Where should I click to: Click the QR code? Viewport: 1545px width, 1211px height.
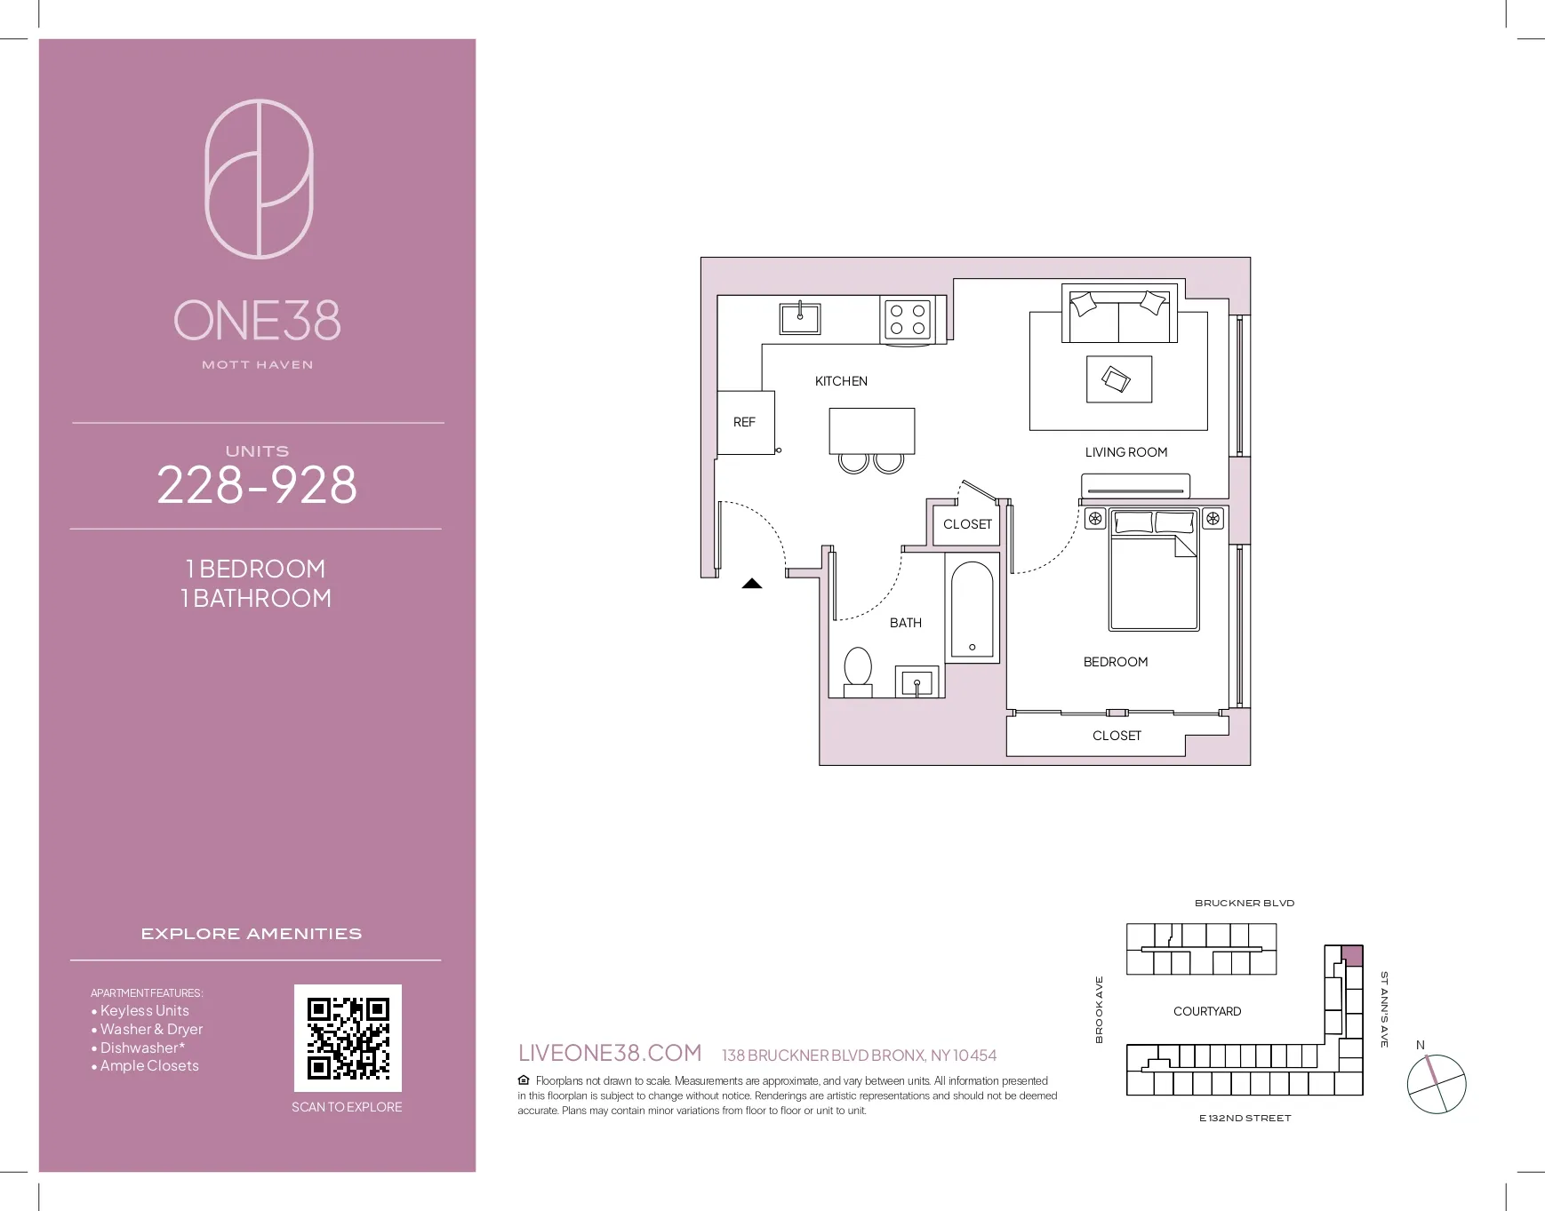point(348,1038)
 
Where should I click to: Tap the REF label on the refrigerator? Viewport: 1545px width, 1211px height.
point(744,422)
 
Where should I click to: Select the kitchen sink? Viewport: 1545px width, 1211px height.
point(799,318)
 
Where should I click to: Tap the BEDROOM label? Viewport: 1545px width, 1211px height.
point(1115,662)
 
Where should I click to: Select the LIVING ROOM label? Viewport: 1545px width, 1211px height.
point(1125,452)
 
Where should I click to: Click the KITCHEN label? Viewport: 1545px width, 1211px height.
point(841,381)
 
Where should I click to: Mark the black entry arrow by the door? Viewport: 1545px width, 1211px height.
point(752,584)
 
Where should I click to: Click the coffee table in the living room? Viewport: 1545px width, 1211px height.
point(1118,379)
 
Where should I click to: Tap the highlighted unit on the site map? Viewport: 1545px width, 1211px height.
point(1351,956)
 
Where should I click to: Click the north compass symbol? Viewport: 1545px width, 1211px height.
point(1436,1083)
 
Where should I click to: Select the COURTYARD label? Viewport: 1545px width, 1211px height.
point(1206,1011)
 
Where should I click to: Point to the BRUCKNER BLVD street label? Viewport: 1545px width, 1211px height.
point(1244,903)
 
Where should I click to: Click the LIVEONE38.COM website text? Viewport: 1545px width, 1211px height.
point(610,1053)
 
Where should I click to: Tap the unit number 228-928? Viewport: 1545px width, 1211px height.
point(257,485)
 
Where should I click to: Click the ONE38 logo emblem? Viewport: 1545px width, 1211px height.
point(259,179)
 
